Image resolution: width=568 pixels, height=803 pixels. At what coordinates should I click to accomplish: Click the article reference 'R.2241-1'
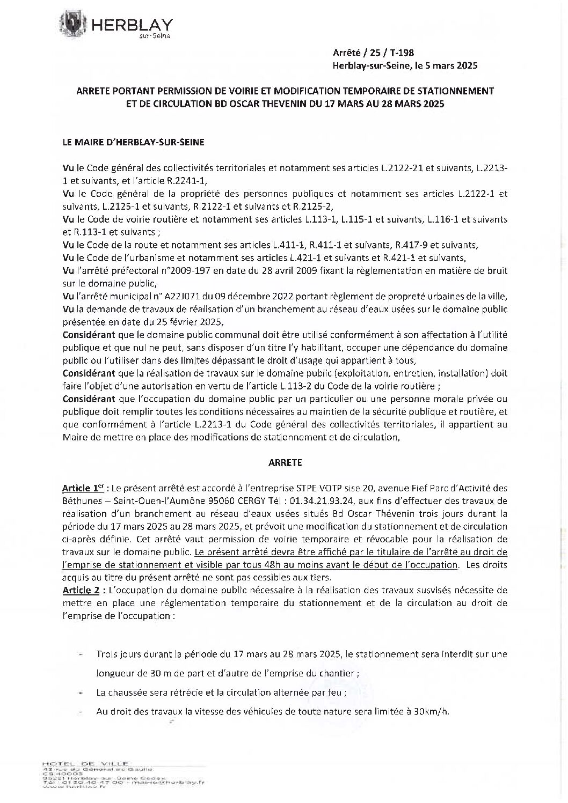click(181, 181)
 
